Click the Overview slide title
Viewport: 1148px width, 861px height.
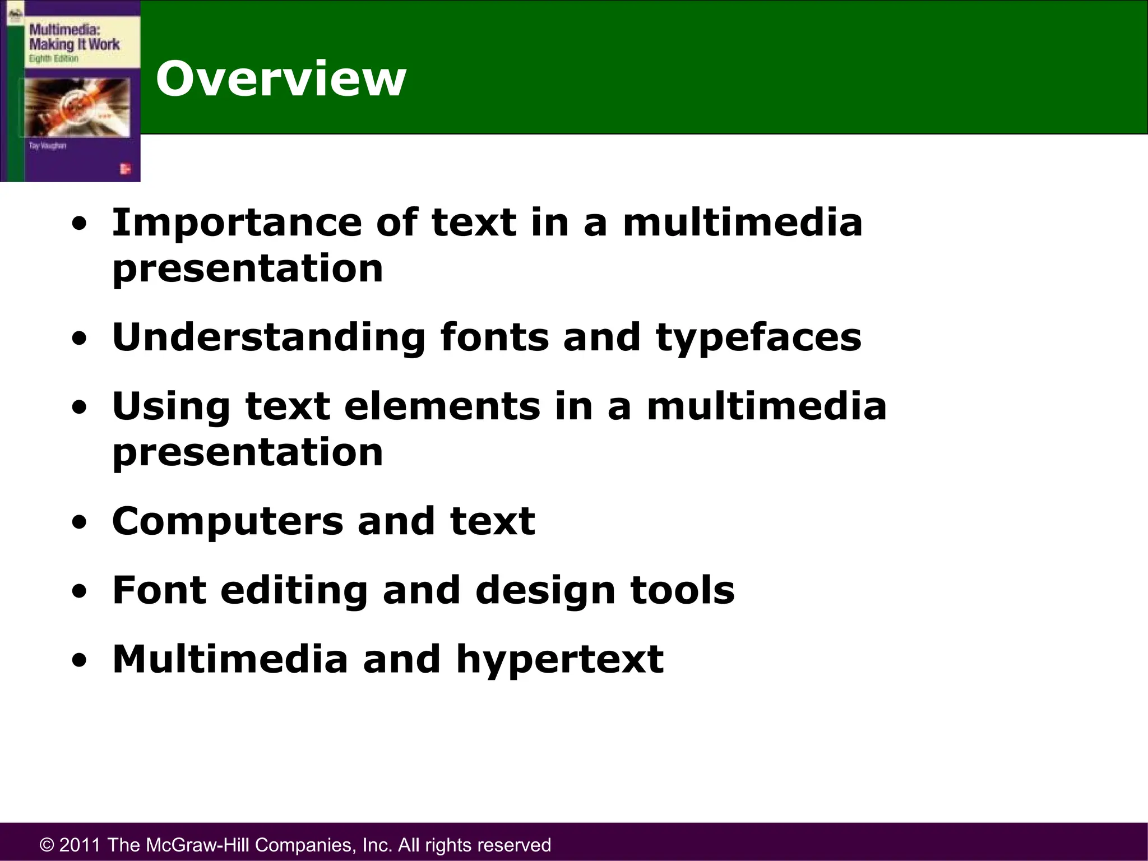(x=281, y=79)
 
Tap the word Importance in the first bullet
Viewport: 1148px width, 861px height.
(x=237, y=223)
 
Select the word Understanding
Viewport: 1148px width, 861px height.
(x=269, y=338)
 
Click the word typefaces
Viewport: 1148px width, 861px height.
(x=758, y=338)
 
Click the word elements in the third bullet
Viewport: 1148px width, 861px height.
(x=442, y=406)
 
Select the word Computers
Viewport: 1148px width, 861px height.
(x=227, y=522)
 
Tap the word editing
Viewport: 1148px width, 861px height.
(x=294, y=591)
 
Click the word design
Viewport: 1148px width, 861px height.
(x=545, y=591)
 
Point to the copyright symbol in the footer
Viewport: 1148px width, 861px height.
(x=47, y=845)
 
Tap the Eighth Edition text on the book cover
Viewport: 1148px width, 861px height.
(x=54, y=59)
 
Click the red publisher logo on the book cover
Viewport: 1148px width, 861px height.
(x=124, y=169)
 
